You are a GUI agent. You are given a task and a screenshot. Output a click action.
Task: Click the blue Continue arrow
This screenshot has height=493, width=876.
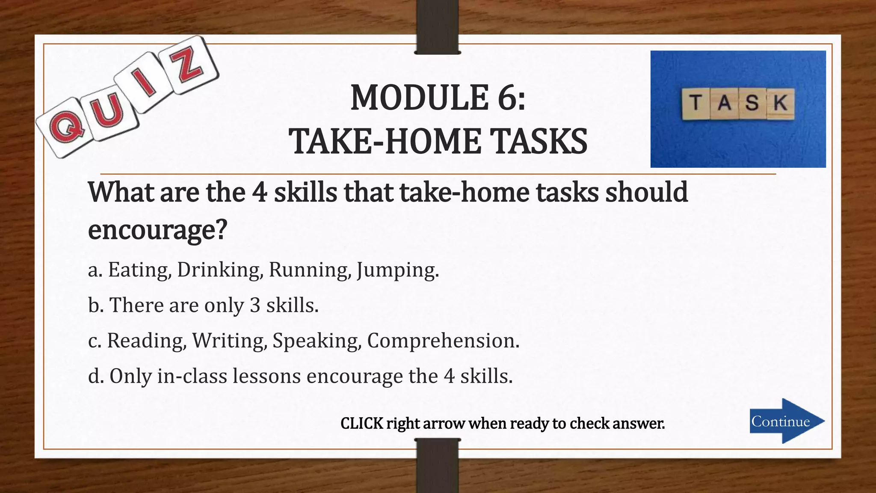(x=786, y=421)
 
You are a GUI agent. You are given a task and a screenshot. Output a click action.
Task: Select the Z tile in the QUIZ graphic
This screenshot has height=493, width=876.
(x=187, y=65)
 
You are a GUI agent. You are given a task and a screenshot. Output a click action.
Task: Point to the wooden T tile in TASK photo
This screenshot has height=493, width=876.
(x=696, y=104)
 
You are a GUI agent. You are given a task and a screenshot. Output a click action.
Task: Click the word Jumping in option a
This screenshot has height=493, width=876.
(x=397, y=270)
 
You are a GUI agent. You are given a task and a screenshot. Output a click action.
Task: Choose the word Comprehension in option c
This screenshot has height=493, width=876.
(x=443, y=341)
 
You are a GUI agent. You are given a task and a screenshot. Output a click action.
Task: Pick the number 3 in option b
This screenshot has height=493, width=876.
(x=255, y=306)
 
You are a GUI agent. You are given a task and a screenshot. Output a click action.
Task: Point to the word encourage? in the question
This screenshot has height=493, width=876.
(x=157, y=230)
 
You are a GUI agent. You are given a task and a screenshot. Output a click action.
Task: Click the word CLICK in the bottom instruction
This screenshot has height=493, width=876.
(x=361, y=423)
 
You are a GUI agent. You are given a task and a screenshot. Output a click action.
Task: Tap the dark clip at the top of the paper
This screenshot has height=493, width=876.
(x=437, y=27)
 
